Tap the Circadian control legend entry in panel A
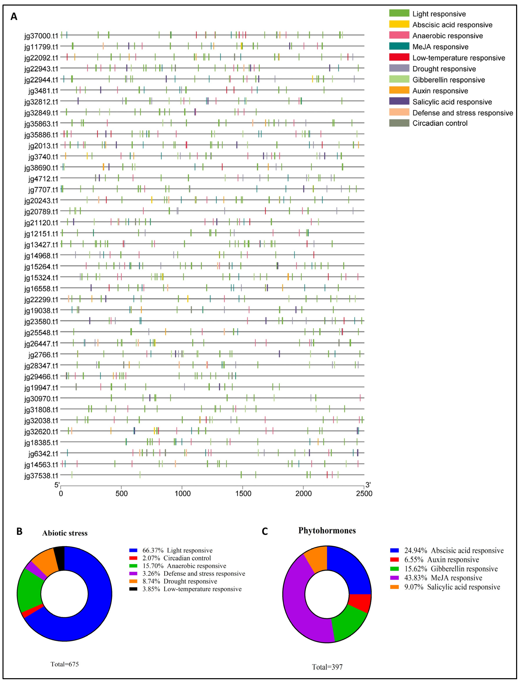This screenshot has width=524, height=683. point(440,123)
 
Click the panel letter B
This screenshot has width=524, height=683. point(19,531)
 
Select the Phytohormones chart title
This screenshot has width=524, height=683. point(327,530)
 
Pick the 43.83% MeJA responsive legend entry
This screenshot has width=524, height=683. point(443,578)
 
